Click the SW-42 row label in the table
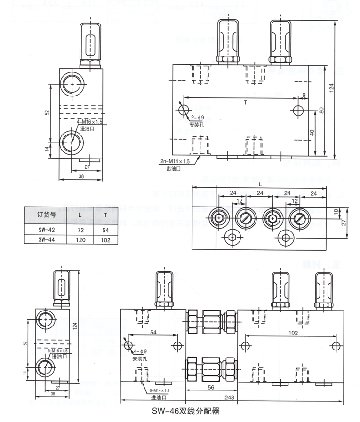[47, 230]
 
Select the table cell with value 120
[80, 239]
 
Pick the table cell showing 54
[105, 230]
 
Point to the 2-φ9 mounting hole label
[198, 118]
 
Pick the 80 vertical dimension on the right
[321, 111]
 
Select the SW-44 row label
[47, 239]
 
